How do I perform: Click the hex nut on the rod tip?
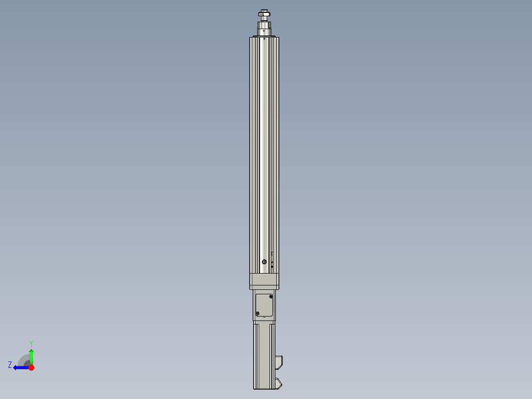[x=264, y=14]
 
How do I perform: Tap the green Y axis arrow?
[x=31, y=356]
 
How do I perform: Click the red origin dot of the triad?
[x=31, y=367]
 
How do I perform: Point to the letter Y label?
[x=31, y=343]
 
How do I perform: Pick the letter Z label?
[x=10, y=365]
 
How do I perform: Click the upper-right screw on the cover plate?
[x=270, y=297]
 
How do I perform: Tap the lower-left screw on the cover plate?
[x=258, y=314]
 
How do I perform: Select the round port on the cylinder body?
[x=265, y=261]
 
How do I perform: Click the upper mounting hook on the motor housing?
[x=279, y=362]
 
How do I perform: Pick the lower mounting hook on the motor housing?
[x=279, y=383]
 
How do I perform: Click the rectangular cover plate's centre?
[x=264, y=305]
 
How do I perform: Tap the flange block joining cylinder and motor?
[x=264, y=281]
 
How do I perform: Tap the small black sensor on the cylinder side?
[x=272, y=266]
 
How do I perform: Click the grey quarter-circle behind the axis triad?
[x=23, y=360]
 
